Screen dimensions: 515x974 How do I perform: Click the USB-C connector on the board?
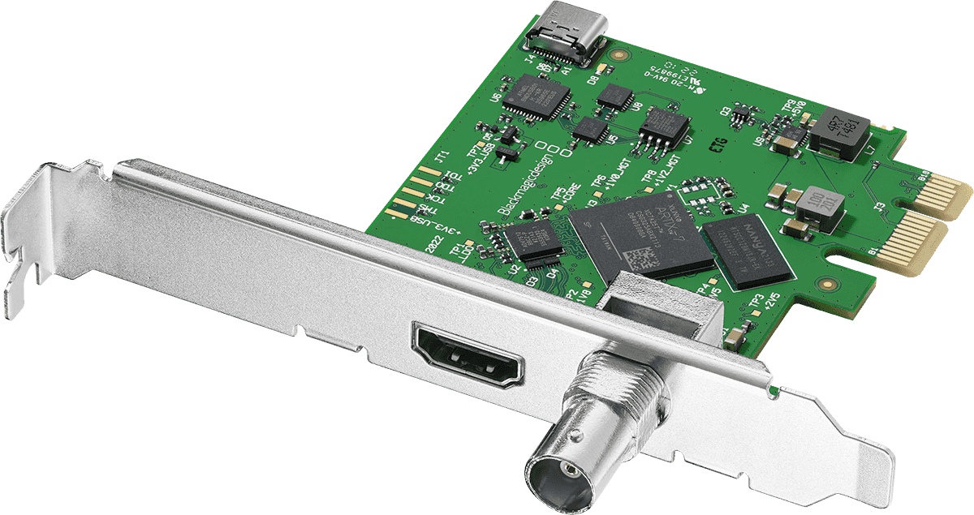565,35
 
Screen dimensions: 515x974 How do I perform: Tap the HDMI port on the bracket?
469,354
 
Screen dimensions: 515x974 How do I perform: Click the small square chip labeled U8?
614,97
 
